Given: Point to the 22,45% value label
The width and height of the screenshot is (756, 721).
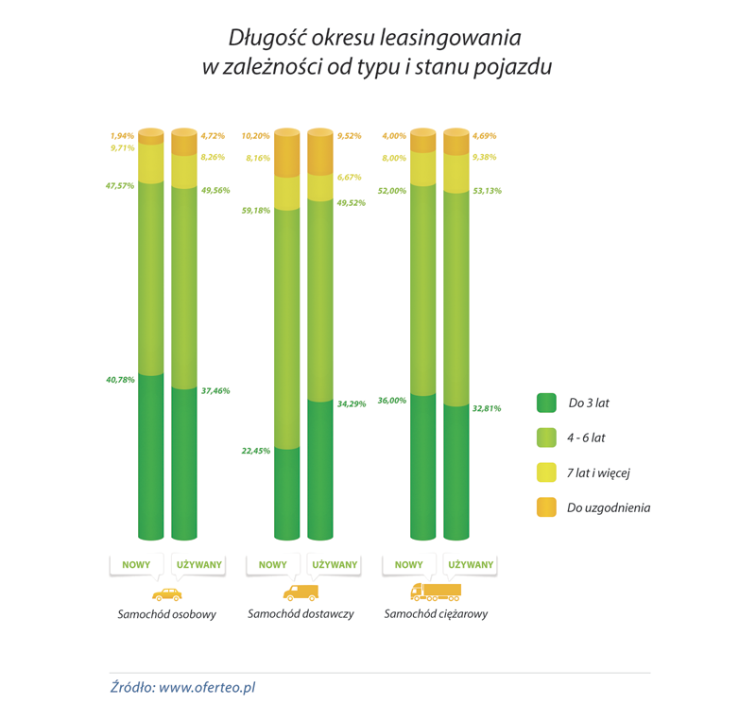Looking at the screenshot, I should pos(257,451).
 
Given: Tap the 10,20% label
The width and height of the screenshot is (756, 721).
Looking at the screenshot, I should pos(257,136).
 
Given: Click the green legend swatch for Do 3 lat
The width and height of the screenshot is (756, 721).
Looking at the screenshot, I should pos(546,403).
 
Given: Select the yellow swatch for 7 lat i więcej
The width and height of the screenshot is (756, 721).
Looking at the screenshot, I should pos(546,472).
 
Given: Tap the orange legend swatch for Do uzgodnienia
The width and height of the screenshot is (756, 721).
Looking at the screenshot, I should pos(546,507).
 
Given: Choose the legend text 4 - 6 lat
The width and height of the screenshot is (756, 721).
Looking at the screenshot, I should pos(588,438).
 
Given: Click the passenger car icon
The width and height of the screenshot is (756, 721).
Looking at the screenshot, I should pos(166,594).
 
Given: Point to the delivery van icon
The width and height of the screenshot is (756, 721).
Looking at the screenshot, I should pos(301,592).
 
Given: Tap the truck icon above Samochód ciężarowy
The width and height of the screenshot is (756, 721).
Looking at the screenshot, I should pos(436,592).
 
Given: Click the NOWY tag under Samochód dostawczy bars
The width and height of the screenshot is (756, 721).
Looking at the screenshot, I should pos(273,565).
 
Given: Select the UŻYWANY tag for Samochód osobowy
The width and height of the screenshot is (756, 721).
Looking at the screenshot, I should pos(199,565).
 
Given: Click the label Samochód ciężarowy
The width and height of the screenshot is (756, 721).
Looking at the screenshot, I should pos(436,614).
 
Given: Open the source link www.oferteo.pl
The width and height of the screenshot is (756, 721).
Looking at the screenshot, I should pos(207,688).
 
